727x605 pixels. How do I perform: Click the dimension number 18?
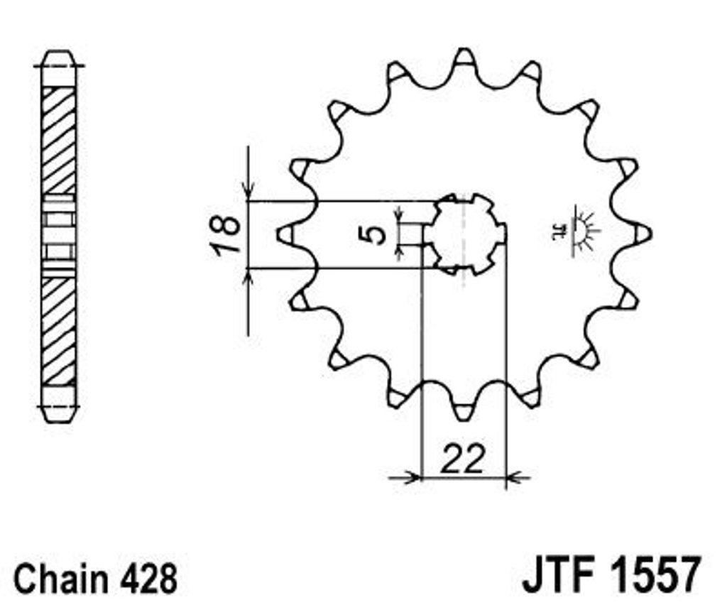pyautogui.click(x=226, y=234)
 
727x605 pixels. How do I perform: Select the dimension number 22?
pyautogui.click(x=463, y=459)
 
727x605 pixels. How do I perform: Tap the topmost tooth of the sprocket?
pyautogui.click(x=463, y=60)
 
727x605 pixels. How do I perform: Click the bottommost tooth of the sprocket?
pyautogui.click(x=463, y=410)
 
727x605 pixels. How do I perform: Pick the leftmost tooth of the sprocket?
pyautogui.click(x=288, y=234)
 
